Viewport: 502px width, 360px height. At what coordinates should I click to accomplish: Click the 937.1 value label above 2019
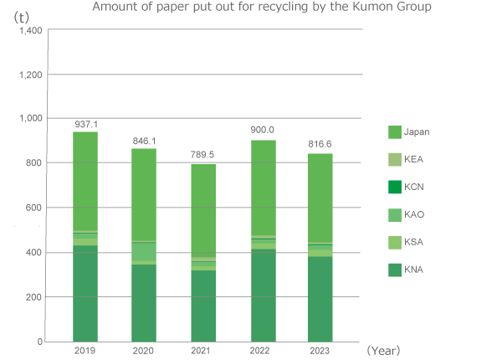[x=85, y=122]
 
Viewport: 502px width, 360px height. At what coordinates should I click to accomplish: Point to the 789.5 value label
[x=204, y=154]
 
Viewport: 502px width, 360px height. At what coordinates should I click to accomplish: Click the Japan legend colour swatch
[x=394, y=131]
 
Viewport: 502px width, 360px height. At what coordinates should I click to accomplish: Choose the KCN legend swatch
[x=394, y=187]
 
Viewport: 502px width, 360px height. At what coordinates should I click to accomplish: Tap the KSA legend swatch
[x=394, y=242]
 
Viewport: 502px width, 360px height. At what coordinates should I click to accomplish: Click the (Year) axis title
[x=384, y=350]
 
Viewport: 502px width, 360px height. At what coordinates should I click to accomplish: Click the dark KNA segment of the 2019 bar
[x=85, y=293]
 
